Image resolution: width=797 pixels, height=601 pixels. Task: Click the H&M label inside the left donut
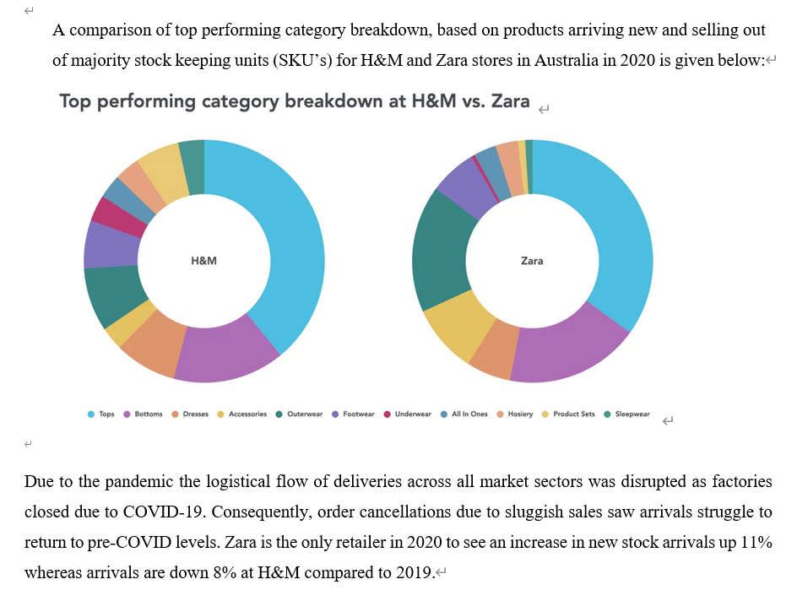(x=204, y=261)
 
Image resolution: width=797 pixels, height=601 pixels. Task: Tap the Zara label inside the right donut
(x=532, y=261)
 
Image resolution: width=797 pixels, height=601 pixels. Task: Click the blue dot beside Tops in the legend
(x=90, y=414)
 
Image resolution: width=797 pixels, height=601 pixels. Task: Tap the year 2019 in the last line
(x=414, y=573)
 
